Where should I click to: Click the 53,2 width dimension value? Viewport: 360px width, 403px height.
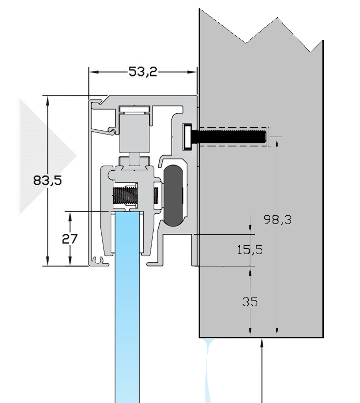pyautogui.click(x=143, y=72)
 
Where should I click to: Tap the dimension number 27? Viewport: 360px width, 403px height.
pyautogui.click(x=69, y=238)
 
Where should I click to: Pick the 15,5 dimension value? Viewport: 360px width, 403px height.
pyautogui.click(x=250, y=250)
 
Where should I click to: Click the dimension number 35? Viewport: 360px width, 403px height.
pyautogui.click(x=250, y=302)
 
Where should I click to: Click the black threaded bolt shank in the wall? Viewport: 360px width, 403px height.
pyautogui.click(x=230, y=137)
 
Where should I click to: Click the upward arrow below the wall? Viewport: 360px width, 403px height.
pyautogui.click(x=263, y=344)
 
